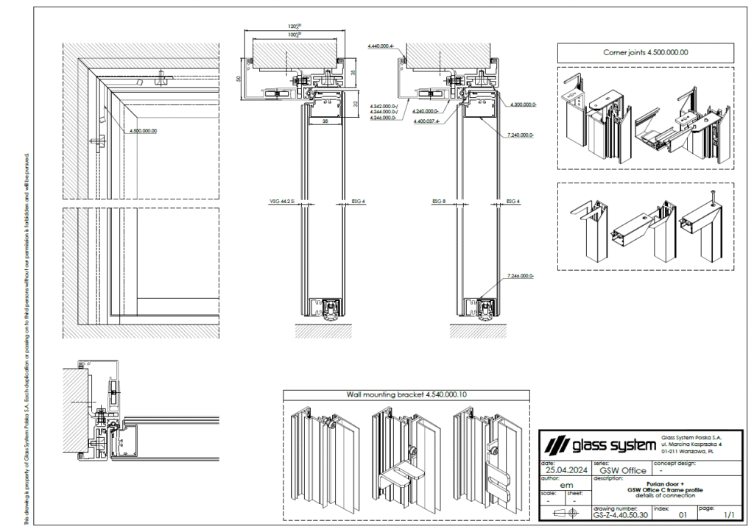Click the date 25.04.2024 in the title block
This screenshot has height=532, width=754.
[565, 471]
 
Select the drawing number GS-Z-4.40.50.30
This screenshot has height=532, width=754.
[620, 516]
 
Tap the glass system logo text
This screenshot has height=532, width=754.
[599, 444]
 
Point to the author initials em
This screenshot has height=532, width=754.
[567, 485]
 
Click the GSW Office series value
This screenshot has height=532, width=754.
[623, 471]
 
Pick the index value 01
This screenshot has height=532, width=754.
[682, 516]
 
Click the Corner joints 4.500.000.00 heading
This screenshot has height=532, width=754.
[645, 52]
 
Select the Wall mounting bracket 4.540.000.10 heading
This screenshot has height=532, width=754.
[406, 394]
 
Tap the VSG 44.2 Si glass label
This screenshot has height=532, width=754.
[283, 201]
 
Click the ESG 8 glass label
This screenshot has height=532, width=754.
[439, 201]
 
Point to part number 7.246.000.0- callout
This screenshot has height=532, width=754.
[521, 275]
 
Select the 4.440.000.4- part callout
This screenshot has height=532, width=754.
[381, 46]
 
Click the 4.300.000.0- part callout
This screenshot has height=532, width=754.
[523, 105]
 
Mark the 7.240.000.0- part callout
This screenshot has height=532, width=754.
[521, 135]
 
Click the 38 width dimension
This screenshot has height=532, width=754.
[325, 123]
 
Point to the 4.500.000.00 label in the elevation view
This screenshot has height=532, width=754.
[143, 131]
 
